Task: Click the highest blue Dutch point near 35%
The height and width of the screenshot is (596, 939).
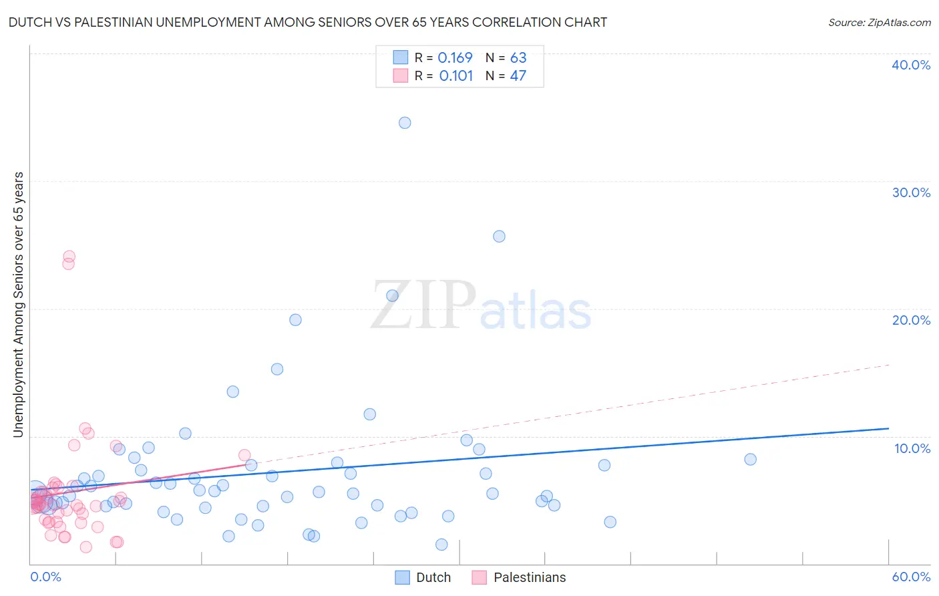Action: pyautogui.click(x=405, y=123)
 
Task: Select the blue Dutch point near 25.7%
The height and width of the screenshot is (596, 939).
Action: pyautogui.click(x=499, y=237)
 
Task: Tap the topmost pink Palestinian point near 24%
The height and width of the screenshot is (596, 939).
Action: pyautogui.click(x=69, y=257)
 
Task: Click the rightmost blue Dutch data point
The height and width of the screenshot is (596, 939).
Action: pyautogui.click(x=750, y=459)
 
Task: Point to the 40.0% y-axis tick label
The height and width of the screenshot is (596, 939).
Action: pyautogui.click(x=911, y=65)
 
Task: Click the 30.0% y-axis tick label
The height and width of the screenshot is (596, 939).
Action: pyautogui.click(x=911, y=192)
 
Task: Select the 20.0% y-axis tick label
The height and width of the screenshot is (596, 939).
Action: pyautogui.click(x=911, y=320)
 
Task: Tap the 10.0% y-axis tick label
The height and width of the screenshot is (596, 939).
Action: pyautogui.click(x=912, y=448)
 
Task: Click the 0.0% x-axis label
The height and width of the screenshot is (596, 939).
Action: pyautogui.click(x=45, y=577)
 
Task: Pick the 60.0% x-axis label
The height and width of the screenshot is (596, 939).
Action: pyautogui.click(x=911, y=577)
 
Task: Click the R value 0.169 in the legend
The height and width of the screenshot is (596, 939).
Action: pyautogui.click(x=455, y=58)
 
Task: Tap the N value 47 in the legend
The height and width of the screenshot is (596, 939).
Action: pyautogui.click(x=518, y=76)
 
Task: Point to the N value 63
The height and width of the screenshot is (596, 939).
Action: pyautogui.click(x=518, y=58)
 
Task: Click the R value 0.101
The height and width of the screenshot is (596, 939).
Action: pyautogui.click(x=455, y=76)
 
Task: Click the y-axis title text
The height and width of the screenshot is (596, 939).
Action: pyautogui.click(x=18, y=305)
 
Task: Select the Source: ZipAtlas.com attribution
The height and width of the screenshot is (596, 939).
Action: pyautogui.click(x=879, y=23)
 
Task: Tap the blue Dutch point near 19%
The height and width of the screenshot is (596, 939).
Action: pyautogui.click(x=295, y=320)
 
